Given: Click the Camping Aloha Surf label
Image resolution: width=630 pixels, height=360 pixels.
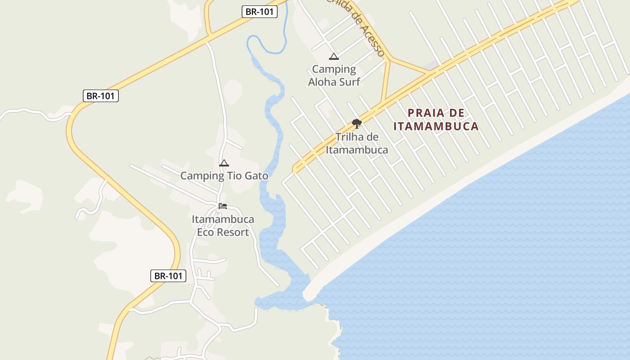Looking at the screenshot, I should coord(334,75).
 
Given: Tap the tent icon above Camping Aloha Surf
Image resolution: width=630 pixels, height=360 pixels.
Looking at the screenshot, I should coord(333,56).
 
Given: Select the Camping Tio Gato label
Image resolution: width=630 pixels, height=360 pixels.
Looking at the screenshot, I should coord(224,175).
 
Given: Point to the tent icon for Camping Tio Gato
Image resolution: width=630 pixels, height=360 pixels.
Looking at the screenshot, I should coord(224,163).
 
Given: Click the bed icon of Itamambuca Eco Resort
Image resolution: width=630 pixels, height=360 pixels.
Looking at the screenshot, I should coord(223,206).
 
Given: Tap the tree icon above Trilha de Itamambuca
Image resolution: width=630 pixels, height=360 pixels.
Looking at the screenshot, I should coord(357,123).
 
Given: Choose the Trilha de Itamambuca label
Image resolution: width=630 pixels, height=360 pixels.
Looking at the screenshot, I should coord(357,143).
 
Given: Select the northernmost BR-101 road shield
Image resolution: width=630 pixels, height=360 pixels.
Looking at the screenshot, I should coord(260,12).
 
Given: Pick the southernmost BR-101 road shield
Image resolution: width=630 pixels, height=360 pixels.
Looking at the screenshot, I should coord(168,276).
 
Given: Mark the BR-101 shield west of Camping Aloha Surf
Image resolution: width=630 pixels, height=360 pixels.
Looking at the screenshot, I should coord(101,95).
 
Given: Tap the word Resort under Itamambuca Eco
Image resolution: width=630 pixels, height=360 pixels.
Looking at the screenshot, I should coord(232,232).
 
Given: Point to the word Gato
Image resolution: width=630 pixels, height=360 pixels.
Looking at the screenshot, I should coord(255,175).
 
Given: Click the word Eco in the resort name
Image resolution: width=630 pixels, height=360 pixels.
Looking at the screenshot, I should coord(205,232).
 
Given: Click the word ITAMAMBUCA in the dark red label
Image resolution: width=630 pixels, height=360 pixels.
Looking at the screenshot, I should coord(436,126).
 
